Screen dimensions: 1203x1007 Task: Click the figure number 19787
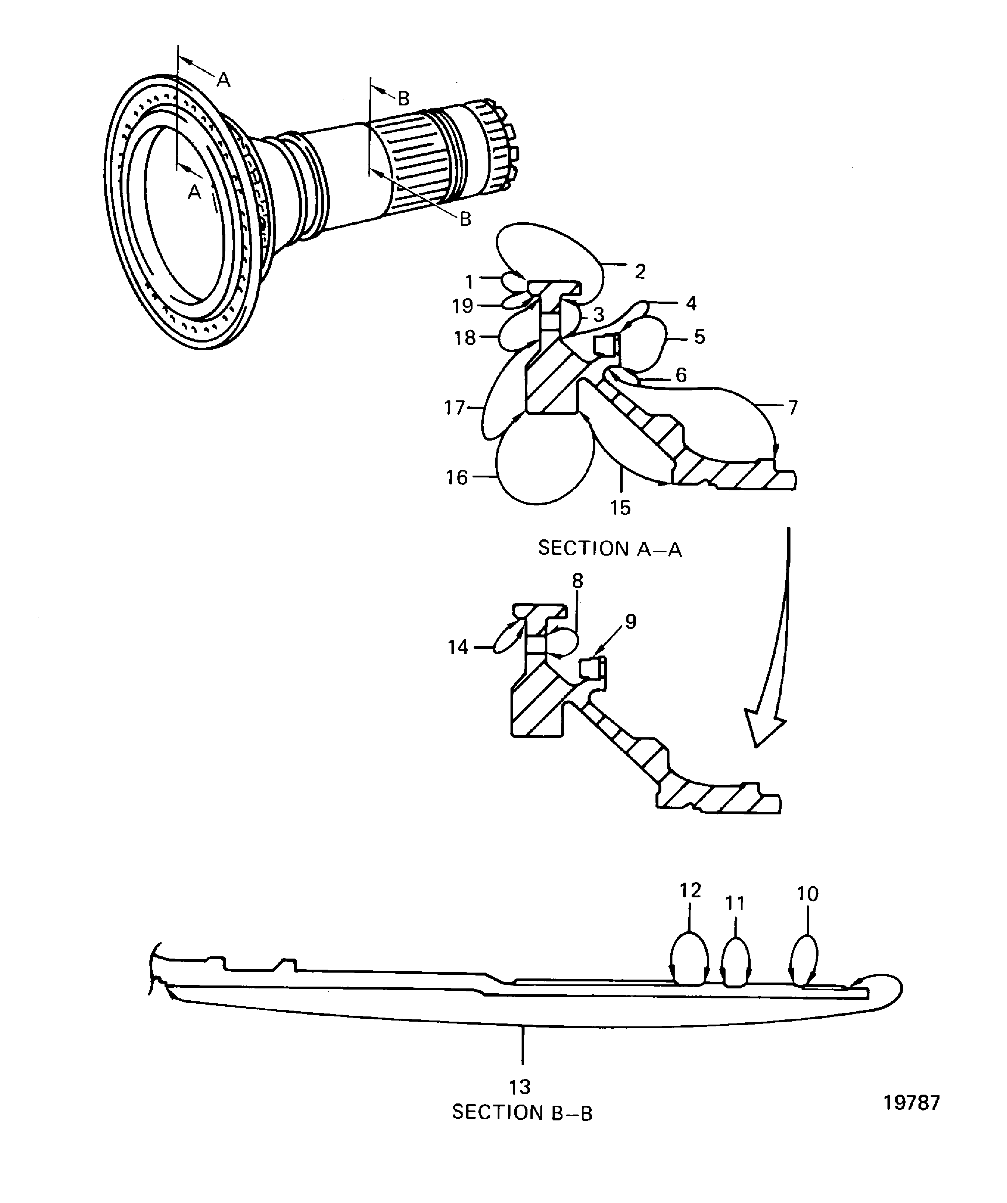click(911, 1103)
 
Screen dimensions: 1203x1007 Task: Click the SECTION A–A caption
click(609, 549)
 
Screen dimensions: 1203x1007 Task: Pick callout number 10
click(807, 894)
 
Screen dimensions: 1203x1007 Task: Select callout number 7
click(793, 408)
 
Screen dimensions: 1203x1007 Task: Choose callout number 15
click(620, 508)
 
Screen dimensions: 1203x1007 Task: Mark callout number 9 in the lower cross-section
click(630, 622)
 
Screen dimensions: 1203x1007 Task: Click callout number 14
click(457, 647)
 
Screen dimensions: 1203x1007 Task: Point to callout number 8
click(577, 581)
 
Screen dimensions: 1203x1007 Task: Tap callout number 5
click(699, 337)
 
